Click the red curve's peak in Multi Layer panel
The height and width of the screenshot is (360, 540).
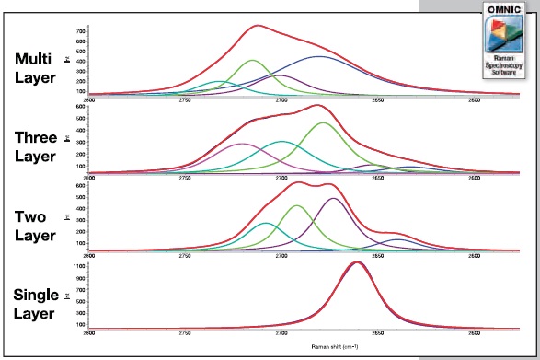pyautogui.click(x=258, y=26)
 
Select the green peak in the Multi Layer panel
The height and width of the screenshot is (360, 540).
pyautogui.click(x=253, y=61)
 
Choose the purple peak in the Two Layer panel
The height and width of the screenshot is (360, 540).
pyautogui.click(x=334, y=199)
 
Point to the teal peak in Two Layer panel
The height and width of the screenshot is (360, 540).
pyautogui.click(x=266, y=224)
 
